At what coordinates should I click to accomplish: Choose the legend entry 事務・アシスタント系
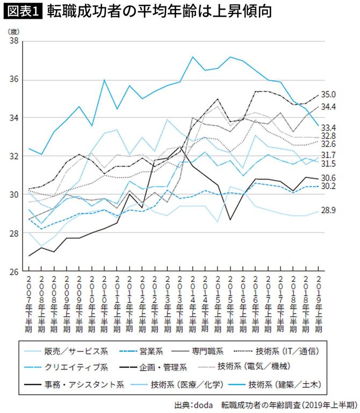click(92, 383)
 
